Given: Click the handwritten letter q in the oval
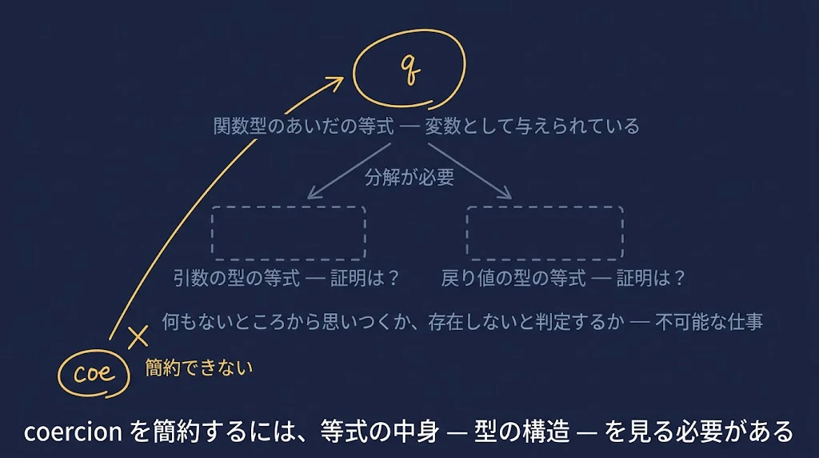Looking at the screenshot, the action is (410, 70).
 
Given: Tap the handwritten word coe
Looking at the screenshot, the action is (94, 372).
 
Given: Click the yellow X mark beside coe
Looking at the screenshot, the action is (138, 337).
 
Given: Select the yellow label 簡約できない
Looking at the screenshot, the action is (199, 368).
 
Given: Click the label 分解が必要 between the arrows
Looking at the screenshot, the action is (409, 177).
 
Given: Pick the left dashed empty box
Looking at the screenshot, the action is (288, 233).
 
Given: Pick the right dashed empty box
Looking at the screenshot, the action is (545, 233).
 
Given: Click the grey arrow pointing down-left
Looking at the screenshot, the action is (349, 171).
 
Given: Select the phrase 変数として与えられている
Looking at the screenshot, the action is (532, 126).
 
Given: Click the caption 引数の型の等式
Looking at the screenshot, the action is (237, 278).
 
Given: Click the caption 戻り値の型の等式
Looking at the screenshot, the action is (513, 278).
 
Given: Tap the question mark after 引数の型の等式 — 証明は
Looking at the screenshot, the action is (394, 278).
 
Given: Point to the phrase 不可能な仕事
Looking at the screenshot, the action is (709, 322).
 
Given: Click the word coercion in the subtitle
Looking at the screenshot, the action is (73, 432).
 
